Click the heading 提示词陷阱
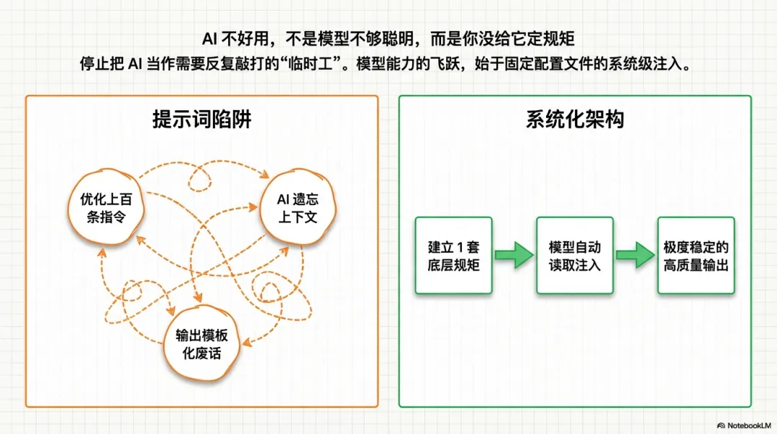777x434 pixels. click(x=201, y=119)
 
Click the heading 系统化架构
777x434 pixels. click(x=575, y=119)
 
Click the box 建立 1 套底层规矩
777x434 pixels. click(x=453, y=256)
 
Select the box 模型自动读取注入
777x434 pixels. click(x=573, y=256)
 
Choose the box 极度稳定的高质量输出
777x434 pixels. click(x=696, y=256)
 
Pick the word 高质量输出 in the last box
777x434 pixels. click(x=696, y=265)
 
